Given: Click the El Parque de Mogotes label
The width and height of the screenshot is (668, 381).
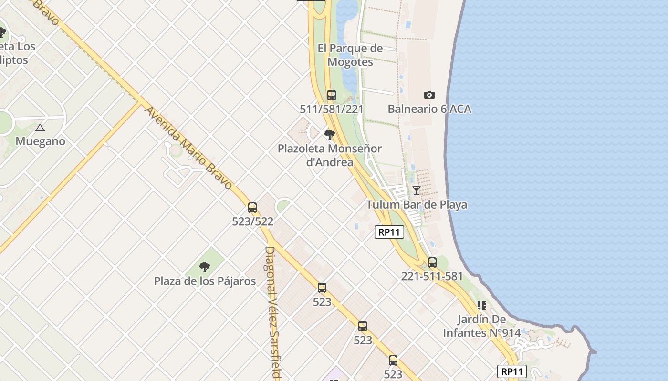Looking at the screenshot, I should (350, 55).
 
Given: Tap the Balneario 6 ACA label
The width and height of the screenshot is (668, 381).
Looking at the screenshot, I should (429, 109).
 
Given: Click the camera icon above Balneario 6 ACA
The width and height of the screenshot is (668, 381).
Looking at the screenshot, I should (429, 95).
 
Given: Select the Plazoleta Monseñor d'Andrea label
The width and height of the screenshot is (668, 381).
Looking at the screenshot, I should (329, 155).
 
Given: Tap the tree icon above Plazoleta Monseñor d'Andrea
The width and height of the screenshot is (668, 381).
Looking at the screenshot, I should (329, 134).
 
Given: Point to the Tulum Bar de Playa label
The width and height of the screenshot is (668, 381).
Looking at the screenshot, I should (417, 205).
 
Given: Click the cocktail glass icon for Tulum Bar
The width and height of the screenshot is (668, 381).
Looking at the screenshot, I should (417, 190).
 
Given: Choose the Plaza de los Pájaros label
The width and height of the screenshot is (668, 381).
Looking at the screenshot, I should (205, 281).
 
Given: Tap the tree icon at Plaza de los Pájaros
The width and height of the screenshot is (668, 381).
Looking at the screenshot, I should (205, 267).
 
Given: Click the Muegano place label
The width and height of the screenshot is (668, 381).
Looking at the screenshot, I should (40, 141).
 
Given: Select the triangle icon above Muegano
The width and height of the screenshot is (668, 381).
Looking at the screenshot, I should (40, 128).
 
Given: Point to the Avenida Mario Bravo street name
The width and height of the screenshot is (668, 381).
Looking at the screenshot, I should (188, 148).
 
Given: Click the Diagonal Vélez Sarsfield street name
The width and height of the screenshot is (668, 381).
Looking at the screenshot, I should (272, 312).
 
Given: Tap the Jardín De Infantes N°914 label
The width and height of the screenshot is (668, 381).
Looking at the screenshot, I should (481, 326).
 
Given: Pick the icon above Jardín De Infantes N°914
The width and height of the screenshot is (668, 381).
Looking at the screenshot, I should (481, 305).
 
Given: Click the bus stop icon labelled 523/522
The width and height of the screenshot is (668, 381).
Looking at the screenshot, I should (252, 208).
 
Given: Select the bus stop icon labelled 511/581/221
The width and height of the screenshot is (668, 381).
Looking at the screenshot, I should (332, 95).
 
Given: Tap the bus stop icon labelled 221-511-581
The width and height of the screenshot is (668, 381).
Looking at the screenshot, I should (432, 262).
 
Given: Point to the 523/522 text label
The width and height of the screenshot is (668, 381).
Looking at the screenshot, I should (252, 221).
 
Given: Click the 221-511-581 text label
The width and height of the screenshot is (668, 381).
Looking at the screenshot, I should (432, 276).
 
